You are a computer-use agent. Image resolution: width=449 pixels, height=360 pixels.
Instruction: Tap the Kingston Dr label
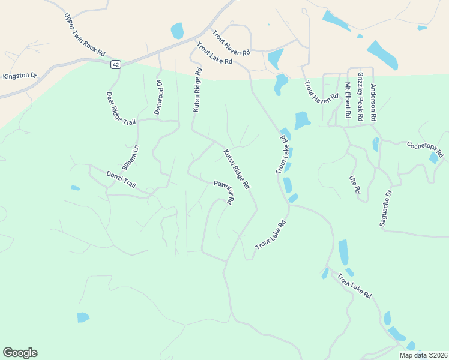point(20,76)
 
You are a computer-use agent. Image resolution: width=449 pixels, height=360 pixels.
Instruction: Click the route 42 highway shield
point(116,64)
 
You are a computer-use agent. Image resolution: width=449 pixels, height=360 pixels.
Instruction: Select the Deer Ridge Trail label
point(122,108)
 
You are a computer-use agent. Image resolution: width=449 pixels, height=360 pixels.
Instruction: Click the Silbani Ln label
point(131,156)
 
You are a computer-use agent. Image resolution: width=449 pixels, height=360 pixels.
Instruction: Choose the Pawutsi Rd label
point(223,192)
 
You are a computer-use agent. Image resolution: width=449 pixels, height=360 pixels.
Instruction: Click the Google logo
point(20,353)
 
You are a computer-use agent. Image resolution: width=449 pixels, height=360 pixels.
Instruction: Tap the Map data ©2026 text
point(423,355)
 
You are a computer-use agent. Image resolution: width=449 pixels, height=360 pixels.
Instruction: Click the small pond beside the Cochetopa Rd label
point(433,158)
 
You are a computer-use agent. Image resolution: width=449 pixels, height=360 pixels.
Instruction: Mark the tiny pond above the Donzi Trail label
point(75,188)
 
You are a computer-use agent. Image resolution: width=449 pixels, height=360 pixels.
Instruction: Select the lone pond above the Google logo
point(83,317)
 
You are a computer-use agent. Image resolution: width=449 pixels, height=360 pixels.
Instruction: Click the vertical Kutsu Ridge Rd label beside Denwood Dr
point(196,89)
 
